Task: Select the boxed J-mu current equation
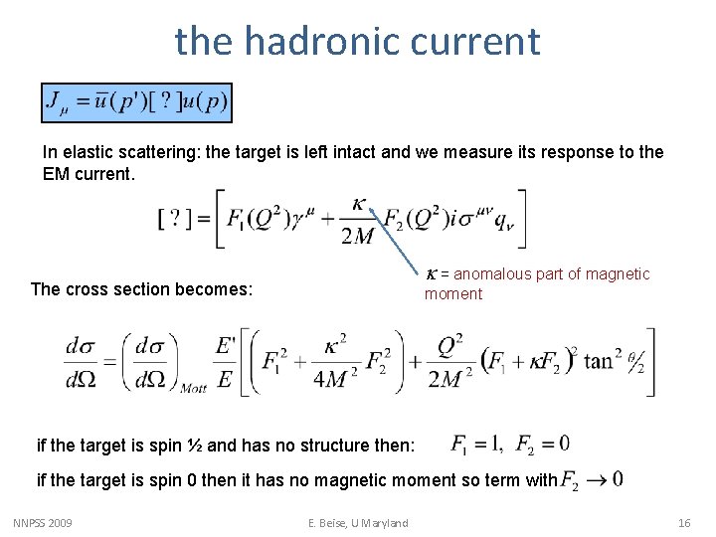point(136,102)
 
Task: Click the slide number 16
point(683,522)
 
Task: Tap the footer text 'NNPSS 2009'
point(43,522)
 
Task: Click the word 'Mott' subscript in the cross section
point(193,388)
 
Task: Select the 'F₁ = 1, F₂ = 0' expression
point(509,444)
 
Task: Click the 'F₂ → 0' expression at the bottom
point(593,480)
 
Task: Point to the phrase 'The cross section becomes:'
point(142,289)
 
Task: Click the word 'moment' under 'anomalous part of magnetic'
point(452,294)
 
